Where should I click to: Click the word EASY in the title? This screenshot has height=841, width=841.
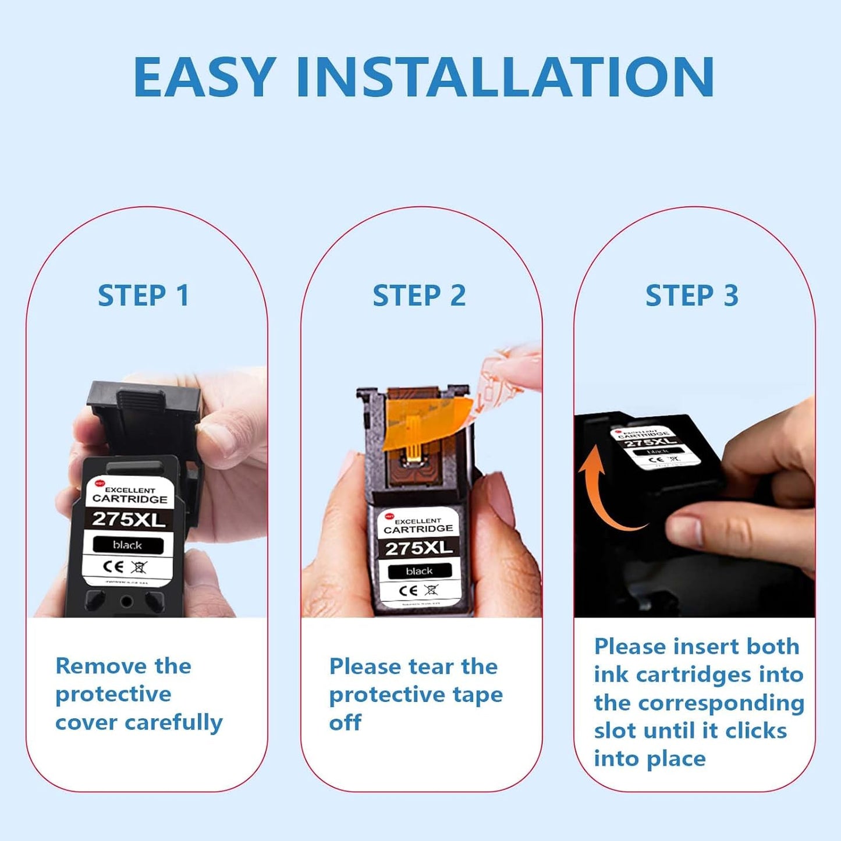pyautogui.click(x=204, y=77)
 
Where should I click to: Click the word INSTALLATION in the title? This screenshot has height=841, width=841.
pyautogui.click(x=505, y=77)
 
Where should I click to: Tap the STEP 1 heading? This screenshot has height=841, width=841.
pyautogui.click(x=143, y=296)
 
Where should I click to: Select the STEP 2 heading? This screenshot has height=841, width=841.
pyautogui.click(x=419, y=296)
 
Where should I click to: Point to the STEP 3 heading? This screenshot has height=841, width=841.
pyautogui.click(x=692, y=296)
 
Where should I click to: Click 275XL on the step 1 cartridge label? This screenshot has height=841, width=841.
pyautogui.click(x=129, y=519)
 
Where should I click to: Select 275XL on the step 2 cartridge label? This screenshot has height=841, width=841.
pyautogui.click(x=419, y=548)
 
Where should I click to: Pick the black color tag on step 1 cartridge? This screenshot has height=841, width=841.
pyautogui.click(x=128, y=545)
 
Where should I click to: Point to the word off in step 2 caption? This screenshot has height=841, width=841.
pyautogui.click(x=345, y=723)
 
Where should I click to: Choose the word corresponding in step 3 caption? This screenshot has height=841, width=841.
pyautogui.click(x=721, y=702)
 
